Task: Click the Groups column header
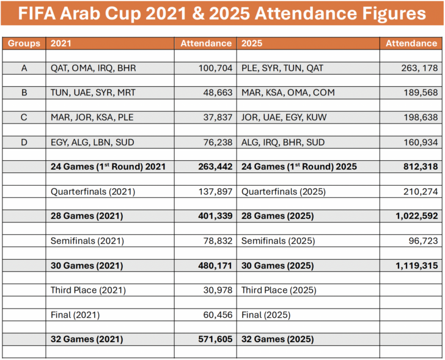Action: coord(24,43)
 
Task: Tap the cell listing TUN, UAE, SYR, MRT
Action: coord(93,93)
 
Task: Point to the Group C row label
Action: coord(24,117)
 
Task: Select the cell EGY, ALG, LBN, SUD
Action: coord(92,142)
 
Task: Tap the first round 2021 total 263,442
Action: coord(215,167)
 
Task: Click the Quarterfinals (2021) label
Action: coord(92,191)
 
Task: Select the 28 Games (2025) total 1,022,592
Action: coord(413,216)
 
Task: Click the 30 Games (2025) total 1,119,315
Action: coord(413,265)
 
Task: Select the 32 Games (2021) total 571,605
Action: coord(215,339)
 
